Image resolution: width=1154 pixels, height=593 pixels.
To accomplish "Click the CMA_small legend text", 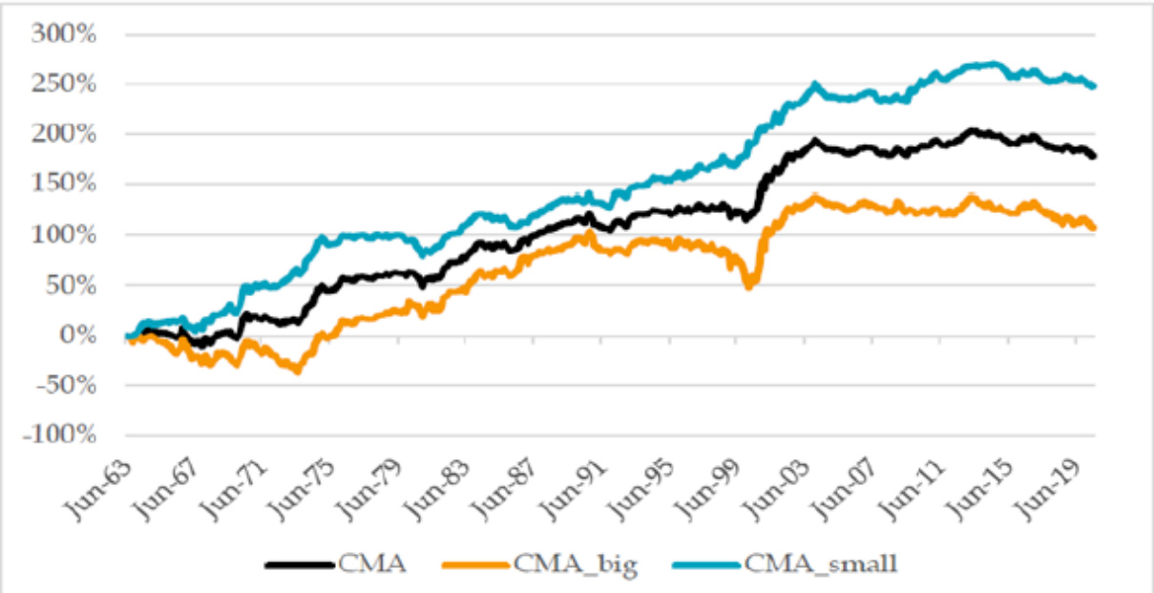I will (821, 564).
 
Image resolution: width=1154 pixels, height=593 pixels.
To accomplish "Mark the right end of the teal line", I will (1094, 86).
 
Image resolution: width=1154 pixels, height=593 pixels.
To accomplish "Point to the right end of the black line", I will (1094, 156).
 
